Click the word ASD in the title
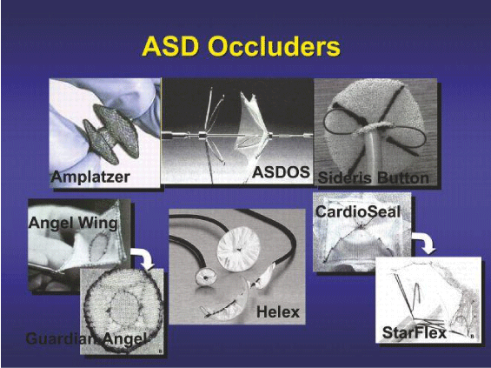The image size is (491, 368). tap(170, 47)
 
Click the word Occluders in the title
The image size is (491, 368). tap(275, 47)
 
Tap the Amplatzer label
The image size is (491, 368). tap(90, 177)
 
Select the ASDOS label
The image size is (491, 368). tap(281, 172)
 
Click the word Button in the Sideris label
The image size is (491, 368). tap(403, 178)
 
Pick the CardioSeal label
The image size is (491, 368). tap(358, 211)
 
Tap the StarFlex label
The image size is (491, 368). tap(415, 332)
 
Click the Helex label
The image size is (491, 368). tap(278, 312)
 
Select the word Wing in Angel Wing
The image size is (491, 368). tap(97, 224)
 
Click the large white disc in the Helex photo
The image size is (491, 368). tap(239, 249)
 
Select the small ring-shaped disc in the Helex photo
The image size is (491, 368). tap(205, 276)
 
